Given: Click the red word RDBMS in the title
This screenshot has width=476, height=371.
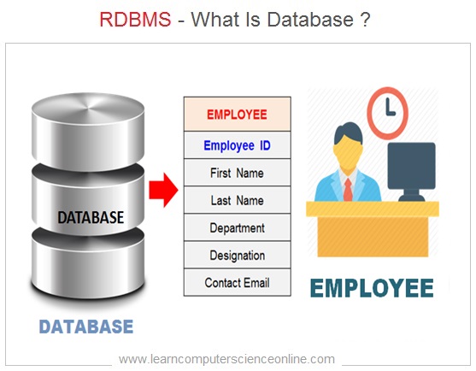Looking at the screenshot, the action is [x=135, y=20].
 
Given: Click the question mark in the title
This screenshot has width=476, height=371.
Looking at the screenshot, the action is [x=366, y=20].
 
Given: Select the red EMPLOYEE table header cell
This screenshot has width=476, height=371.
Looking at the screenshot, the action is [x=237, y=115].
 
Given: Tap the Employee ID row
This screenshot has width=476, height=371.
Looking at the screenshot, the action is [x=237, y=145].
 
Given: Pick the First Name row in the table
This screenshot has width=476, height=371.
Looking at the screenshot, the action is [x=237, y=173].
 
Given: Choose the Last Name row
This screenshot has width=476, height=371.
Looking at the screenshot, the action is [x=237, y=200].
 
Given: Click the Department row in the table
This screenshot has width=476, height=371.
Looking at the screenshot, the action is [x=237, y=227].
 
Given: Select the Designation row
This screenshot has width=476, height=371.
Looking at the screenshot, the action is [x=237, y=255].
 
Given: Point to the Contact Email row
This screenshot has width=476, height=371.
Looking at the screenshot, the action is [x=237, y=282].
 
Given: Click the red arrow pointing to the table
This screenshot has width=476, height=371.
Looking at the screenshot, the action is [x=163, y=190].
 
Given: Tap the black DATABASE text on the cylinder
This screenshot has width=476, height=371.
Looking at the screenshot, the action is [x=91, y=217].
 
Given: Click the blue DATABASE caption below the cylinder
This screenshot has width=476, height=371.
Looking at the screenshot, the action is [x=86, y=327].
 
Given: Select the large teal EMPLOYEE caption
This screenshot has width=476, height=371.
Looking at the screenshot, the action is [x=372, y=288].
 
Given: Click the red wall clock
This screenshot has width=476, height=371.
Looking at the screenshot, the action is [x=387, y=113].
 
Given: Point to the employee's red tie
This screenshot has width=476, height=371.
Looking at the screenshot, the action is [x=348, y=190].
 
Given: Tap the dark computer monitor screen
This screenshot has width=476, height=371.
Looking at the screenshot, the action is [x=411, y=166].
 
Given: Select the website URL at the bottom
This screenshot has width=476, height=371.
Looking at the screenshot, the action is [x=226, y=359].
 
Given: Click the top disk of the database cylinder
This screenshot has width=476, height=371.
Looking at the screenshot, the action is [x=88, y=131].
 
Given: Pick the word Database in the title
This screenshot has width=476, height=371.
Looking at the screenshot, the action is [x=310, y=20].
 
